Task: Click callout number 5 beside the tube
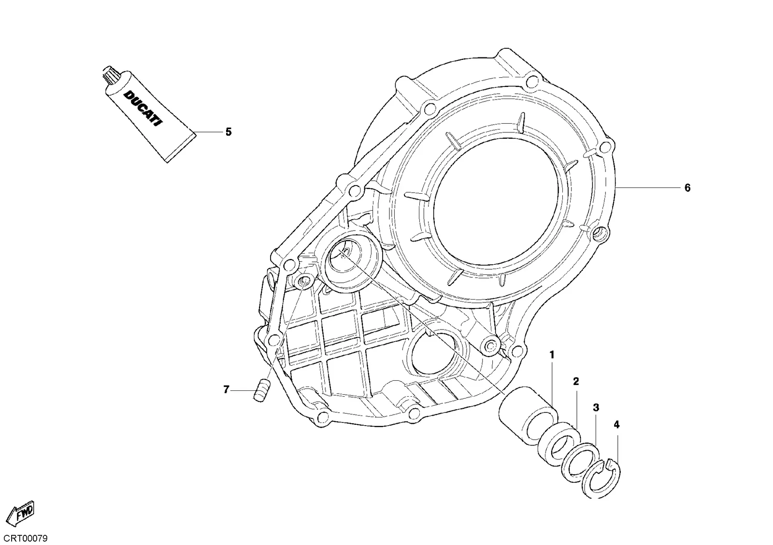pos(229,132)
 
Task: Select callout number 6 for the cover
pos(687,188)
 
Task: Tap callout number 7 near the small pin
pos(226,390)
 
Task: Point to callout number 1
pos(552,355)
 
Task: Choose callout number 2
pos(575,381)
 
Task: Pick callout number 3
pos(596,408)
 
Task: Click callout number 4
pos(616,425)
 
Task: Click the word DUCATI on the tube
pos(143,108)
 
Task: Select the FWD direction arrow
pos(21,513)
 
